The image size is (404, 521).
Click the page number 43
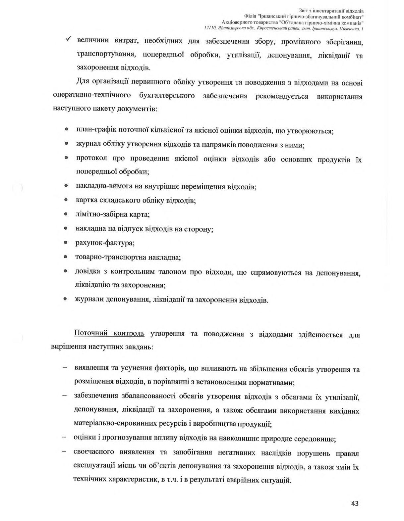[x=355, y=503]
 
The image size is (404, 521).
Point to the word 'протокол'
[x=92, y=159]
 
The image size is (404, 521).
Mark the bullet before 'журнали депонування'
[x=66, y=299]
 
